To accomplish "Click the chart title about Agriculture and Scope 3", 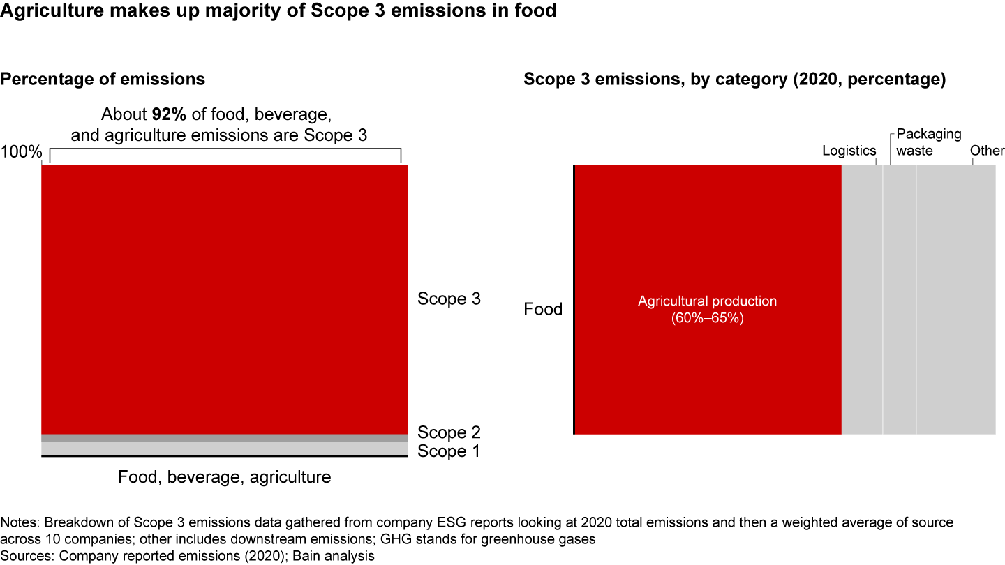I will [x=278, y=11].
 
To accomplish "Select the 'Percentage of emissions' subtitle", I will [x=103, y=79].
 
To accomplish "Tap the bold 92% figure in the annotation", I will [x=167, y=114].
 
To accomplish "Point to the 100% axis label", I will [x=22, y=151].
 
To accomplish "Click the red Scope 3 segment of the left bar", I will [x=224, y=300].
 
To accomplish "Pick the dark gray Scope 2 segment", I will [x=224, y=437].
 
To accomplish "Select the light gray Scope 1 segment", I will [x=224, y=448].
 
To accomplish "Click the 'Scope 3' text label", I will [x=449, y=299].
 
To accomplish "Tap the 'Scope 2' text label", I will [x=449, y=432].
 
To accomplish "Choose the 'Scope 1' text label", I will [x=449, y=451].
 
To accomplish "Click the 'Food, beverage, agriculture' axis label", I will [x=224, y=477].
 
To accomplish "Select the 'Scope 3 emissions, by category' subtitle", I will [x=734, y=79].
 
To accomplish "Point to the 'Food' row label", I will [x=543, y=309].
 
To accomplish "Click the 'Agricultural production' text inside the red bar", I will [x=707, y=301].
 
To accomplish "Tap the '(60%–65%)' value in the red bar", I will [x=707, y=318].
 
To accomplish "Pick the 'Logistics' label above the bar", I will [x=849, y=151].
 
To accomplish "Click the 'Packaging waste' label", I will [x=928, y=142].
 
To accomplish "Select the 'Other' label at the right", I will [x=987, y=151].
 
